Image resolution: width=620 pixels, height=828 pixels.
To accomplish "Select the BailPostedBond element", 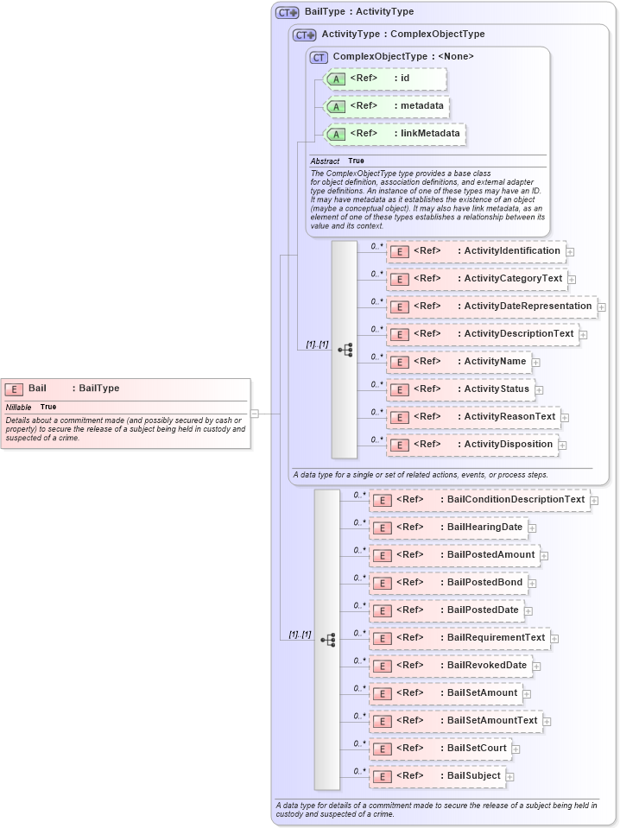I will [x=448, y=583].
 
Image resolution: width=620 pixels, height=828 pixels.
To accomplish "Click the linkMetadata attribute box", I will [x=395, y=134].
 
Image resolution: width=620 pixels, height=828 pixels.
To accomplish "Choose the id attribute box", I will [x=384, y=79].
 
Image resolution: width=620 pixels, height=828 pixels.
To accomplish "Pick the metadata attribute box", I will [x=387, y=106].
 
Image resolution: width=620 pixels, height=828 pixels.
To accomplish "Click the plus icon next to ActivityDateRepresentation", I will [x=602, y=307].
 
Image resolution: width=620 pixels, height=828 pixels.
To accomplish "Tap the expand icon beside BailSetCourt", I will [x=516, y=749].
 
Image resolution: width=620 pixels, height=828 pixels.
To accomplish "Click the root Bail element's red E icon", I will [x=14, y=389].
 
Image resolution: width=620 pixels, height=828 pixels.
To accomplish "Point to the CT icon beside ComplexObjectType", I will [x=319, y=57].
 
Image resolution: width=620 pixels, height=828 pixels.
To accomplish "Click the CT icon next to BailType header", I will [x=287, y=13].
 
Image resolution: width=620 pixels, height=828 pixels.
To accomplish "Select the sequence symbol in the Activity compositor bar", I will [x=345, y=350].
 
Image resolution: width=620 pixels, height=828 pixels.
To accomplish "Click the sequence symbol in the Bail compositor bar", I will [x=327, y=640].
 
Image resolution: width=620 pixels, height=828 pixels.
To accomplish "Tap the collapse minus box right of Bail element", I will [x=254, y=414].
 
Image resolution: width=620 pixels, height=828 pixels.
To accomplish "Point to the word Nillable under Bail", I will [x=18, y=407].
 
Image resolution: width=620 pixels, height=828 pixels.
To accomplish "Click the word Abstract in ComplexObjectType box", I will [x=325, y=161].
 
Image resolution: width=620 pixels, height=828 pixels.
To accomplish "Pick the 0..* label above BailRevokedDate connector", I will [x=360, y=661].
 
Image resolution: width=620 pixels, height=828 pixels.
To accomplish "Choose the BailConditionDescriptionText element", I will [x=479, y=500].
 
